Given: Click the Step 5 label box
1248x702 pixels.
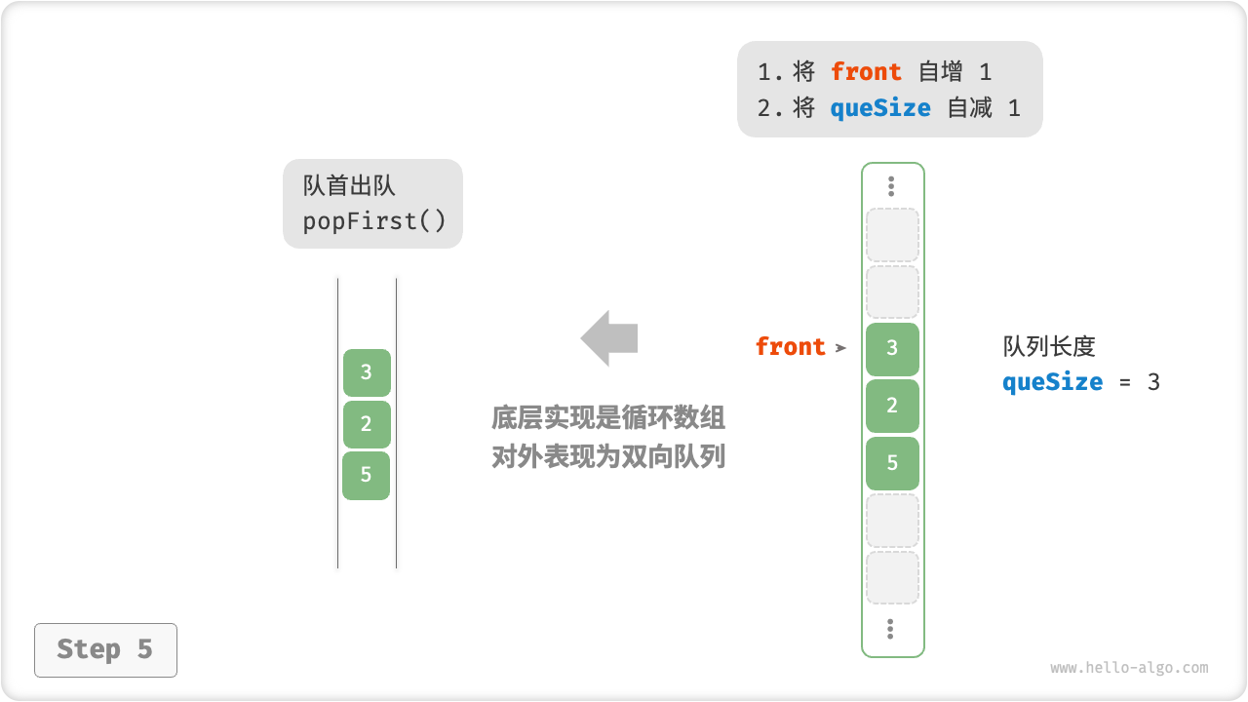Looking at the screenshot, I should pos(105,649).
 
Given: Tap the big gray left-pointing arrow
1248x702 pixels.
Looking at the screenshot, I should pos(609,338).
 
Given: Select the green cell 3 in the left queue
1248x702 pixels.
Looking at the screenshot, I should pos(367,372).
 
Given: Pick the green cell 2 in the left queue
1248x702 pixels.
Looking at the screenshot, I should pos(367,424).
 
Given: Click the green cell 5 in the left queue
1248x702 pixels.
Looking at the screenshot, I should pos(367,475).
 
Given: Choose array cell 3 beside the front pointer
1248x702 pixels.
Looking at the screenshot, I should pos(892,349).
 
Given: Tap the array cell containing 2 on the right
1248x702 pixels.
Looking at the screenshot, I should pos(892,406).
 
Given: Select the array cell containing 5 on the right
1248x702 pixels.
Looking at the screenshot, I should pos(892,463).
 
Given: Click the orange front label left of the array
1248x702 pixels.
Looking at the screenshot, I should pos(790,347).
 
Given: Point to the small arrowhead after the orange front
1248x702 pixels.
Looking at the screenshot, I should pos(840,347).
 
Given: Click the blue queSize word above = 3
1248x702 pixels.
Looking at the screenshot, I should pos(1052,381).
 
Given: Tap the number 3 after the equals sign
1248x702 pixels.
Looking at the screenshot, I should pos(1153,381).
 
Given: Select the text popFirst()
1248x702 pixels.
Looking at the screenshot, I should pos(374,221).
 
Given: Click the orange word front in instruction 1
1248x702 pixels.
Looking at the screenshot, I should pos(866,72).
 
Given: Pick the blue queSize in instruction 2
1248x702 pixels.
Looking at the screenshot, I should pos(880,108).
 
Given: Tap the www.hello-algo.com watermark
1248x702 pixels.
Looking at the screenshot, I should pos(1129,668).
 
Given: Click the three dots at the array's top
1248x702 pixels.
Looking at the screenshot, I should pos(891,186).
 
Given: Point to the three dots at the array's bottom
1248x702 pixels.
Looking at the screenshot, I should pos(891,629).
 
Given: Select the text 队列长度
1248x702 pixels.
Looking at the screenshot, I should pos(1049,346).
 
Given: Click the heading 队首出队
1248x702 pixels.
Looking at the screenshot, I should pos(349,186).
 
